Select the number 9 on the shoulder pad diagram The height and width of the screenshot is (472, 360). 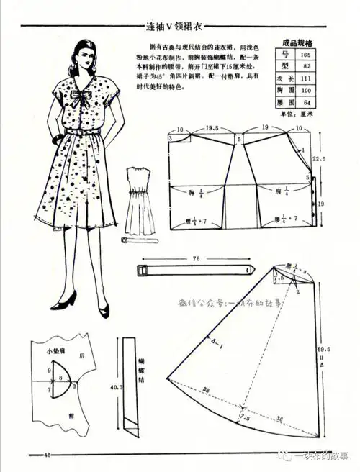(48, 370)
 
